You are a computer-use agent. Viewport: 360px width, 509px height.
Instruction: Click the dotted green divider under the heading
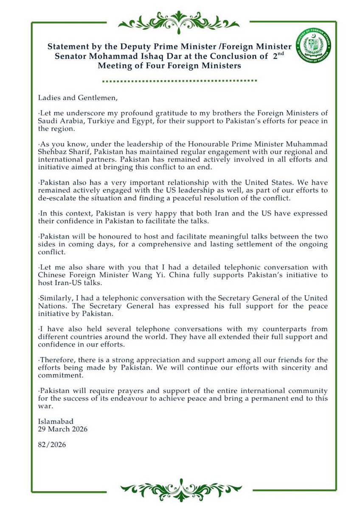[x=180, y=80]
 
